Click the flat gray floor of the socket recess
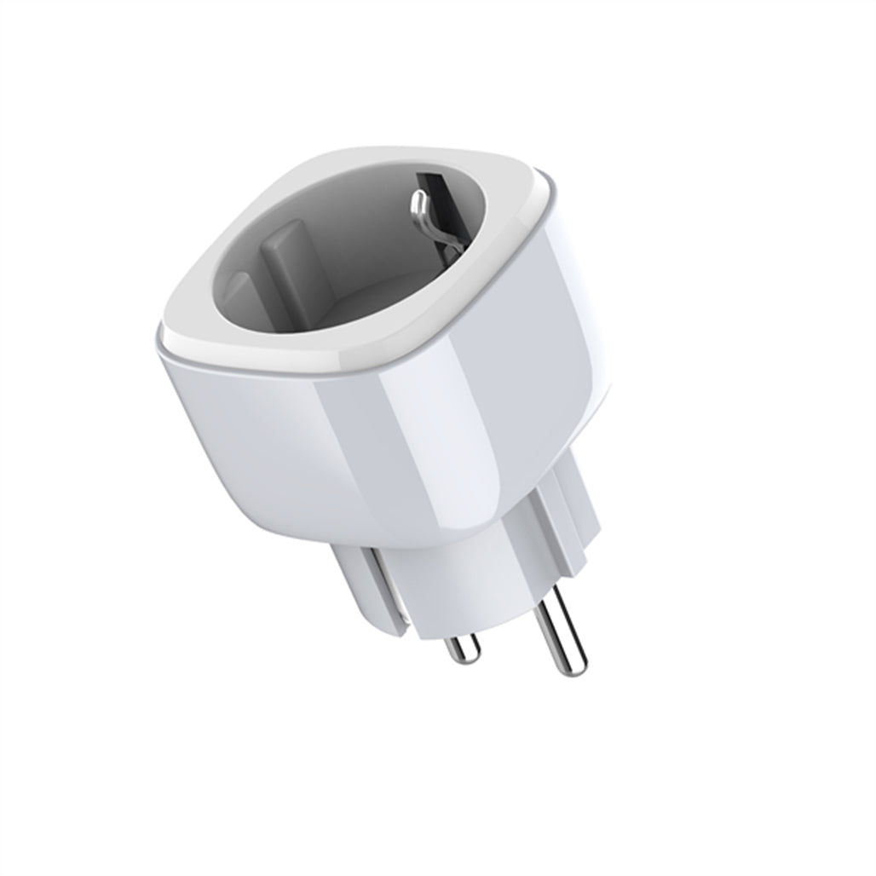pyautogui.click(x=375, y=298)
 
